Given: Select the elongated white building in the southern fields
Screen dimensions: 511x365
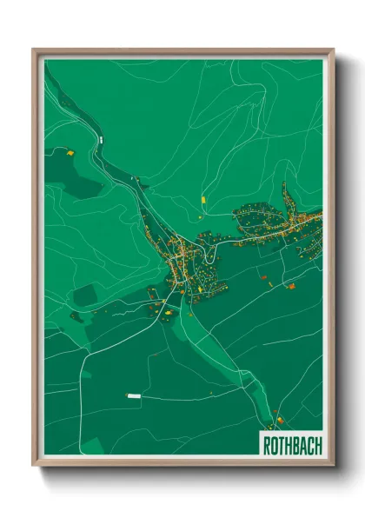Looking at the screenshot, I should click(x=134, y=395).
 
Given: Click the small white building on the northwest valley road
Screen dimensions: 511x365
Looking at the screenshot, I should click(x=101, y=137).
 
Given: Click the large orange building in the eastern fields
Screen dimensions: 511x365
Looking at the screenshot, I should click(x=291, y=285).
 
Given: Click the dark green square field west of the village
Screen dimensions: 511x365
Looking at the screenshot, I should click(x=84, y=295).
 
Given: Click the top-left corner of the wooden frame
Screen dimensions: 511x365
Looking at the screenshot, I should click(x=34, y=50).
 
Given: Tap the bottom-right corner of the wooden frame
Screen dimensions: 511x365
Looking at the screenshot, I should click(x=333, y=464).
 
